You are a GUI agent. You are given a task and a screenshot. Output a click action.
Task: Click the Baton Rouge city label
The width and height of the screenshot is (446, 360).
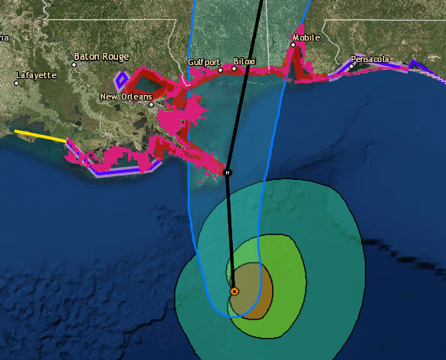coord(101,57)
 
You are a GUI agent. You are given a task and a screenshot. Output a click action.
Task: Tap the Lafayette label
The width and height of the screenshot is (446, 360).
coord(36,75)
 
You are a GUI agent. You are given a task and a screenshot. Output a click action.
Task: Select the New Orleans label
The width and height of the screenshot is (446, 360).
coord(126,97)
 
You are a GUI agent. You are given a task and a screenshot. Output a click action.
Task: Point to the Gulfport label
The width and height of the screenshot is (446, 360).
coord(205,62)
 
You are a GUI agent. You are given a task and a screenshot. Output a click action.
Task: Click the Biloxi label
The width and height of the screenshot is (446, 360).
coord(244,61)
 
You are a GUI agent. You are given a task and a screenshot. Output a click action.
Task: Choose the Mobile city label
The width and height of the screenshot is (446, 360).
coord(306,37)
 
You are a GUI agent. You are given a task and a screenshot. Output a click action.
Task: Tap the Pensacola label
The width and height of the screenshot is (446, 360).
coord(370,58)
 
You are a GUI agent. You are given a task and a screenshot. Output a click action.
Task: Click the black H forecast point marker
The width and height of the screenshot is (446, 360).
coord(227,172)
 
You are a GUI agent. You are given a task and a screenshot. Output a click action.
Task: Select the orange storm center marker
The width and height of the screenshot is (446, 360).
coord(234,291)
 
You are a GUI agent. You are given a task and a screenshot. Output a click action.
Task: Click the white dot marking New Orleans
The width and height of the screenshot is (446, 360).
coord(152,104)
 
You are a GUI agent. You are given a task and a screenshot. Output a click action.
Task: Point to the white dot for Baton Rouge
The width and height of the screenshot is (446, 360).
coord(75,64)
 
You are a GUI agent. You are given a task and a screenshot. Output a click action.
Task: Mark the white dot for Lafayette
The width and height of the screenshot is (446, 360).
coord(16,83)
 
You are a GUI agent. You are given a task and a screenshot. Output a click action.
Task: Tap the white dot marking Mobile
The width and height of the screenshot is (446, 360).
coord(293,44)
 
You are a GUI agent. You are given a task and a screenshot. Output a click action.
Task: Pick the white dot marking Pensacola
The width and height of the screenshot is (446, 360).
coord(351,66)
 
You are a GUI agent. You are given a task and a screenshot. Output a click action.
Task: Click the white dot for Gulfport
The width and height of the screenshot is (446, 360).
coord(221,70)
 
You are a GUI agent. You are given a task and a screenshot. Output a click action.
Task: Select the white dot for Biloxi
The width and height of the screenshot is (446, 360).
coord(234,68)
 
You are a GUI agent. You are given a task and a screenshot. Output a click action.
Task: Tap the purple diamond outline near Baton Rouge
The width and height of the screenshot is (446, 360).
coord(121,80)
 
